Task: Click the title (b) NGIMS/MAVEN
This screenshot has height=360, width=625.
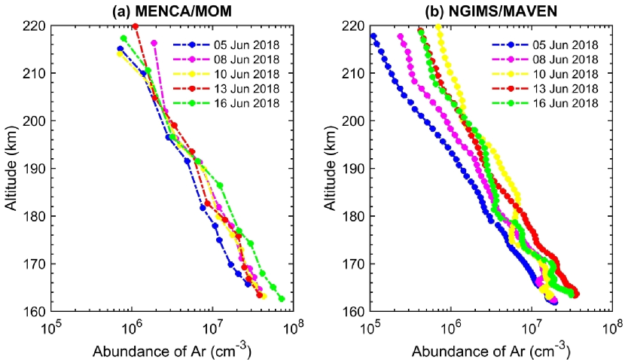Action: (490, 10)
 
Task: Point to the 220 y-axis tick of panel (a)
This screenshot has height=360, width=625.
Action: (34, 26)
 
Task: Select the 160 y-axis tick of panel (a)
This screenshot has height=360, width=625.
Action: (34, 311)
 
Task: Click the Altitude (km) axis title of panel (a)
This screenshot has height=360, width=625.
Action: (11, 168)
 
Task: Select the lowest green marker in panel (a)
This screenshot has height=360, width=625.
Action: (282, 298)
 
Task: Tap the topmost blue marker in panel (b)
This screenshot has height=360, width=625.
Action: (373, 36)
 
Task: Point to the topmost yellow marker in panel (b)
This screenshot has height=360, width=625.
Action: (438, 27)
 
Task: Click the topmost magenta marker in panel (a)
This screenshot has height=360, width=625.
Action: (154, 43)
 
